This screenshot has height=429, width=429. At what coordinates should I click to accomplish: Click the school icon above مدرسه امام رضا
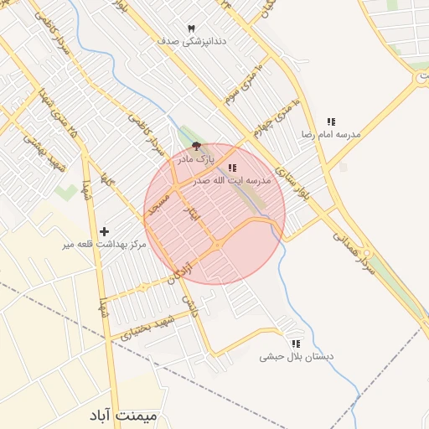click(331, 122)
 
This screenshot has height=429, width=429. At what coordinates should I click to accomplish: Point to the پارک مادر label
click(195, 158)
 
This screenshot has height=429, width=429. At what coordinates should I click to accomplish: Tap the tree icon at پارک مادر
click(196, 147)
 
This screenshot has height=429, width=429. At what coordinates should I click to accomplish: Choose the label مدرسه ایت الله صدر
click(231, 180)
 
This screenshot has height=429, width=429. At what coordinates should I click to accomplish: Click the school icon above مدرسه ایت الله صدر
click(232, 168)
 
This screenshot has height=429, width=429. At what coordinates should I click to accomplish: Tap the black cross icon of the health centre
click(104, 231)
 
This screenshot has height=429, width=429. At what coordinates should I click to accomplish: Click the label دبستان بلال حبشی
click(296, 356)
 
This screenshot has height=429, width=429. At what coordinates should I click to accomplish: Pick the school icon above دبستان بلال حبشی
click(296, 344)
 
